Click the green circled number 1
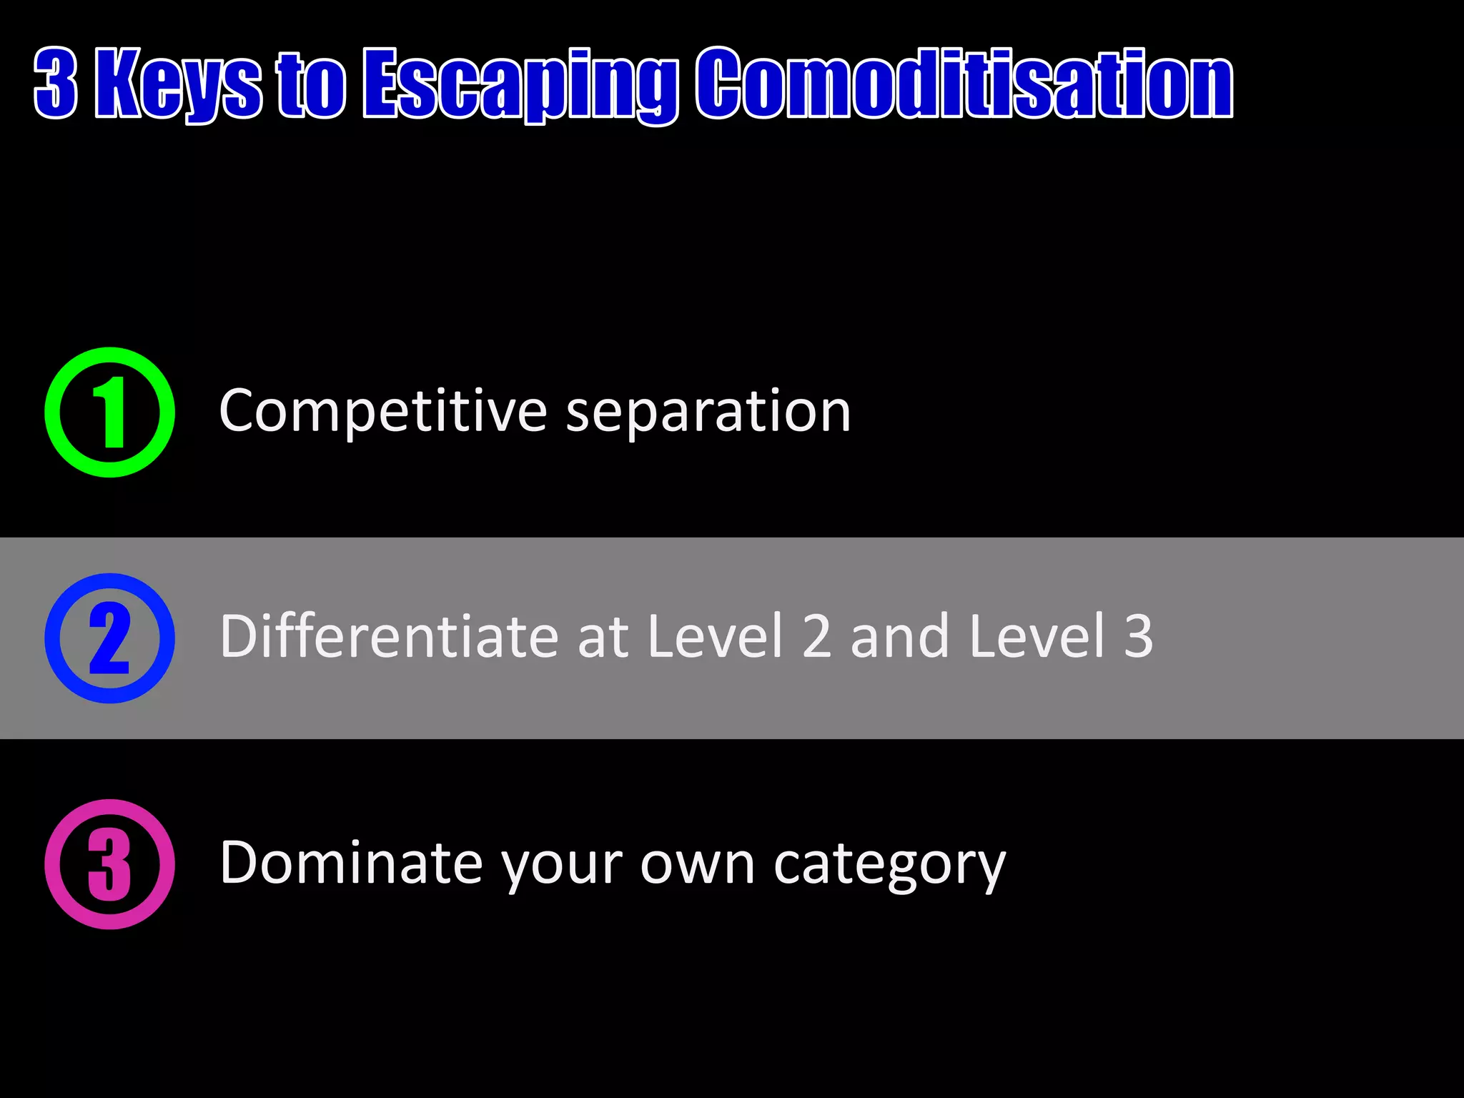[x=109, y=412]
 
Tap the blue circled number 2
[x=109, y=638]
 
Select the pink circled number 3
[x=109, y=864]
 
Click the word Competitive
[x=383, y=412]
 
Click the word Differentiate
[x=389, y=636]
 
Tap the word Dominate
[x=351, y=863]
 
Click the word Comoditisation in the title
[x=965, y=84]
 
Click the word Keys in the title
[x=179, y=84]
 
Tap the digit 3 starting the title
[x=56, y=83]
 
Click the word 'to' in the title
[x=312, y=84]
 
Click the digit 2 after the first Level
[x=816, y=636]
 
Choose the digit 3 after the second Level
[x=1138, y=636]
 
